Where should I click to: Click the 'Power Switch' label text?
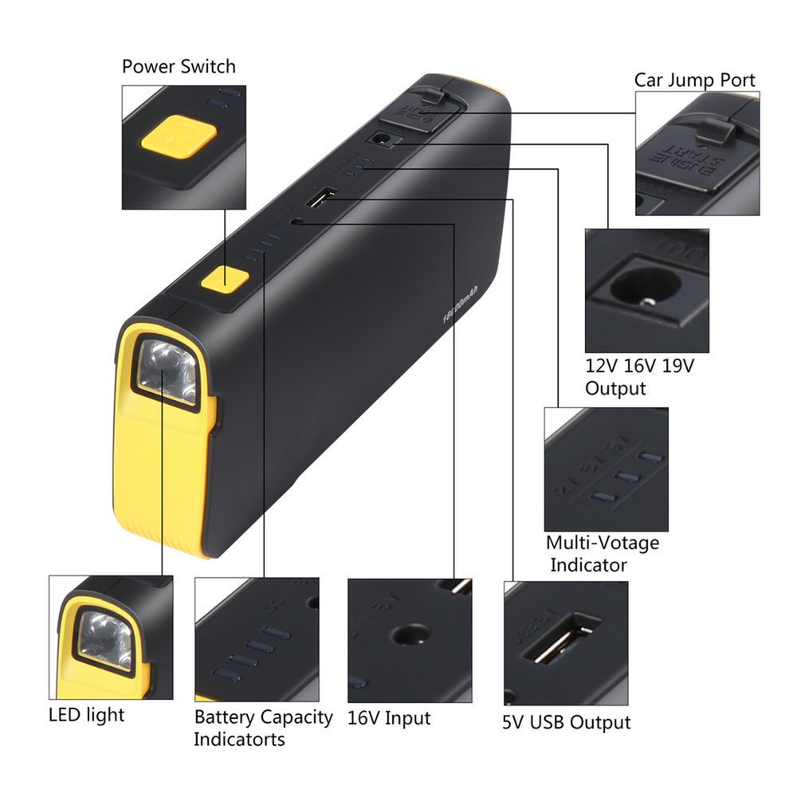179,66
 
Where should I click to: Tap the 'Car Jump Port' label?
694,80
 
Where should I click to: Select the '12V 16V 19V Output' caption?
639,377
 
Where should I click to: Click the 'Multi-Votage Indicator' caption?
602,553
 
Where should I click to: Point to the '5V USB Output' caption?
566,722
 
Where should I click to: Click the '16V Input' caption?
388,717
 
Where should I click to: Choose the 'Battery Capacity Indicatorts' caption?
262,727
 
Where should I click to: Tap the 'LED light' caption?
86,714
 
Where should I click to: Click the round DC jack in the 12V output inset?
648,293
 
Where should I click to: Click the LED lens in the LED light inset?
104,641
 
